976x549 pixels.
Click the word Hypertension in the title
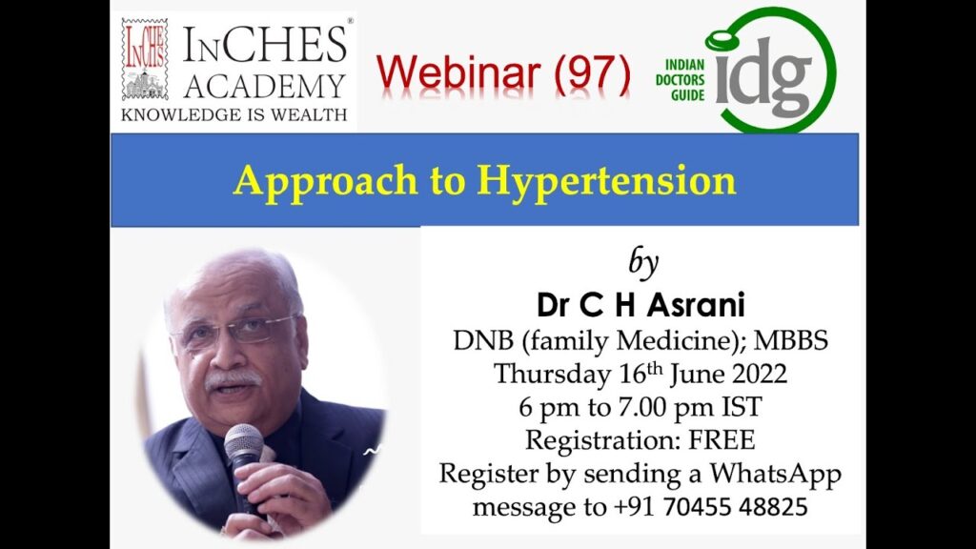tap(606, 182)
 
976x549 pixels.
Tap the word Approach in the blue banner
tap(326, 182)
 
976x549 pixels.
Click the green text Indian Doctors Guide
tap(680, 80)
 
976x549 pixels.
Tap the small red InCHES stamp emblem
tap(145, 60)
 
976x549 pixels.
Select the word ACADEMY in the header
tap(264, 86)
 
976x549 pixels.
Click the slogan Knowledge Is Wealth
tap(234, 115)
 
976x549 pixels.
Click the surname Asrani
tap(696, 305)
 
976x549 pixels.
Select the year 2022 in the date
tap(759, 374)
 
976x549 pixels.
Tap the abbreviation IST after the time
tap(742, 407)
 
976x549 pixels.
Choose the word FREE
tap(722, 440)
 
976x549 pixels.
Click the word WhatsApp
tap(775, 474)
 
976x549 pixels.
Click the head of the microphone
tap(244, 442)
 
